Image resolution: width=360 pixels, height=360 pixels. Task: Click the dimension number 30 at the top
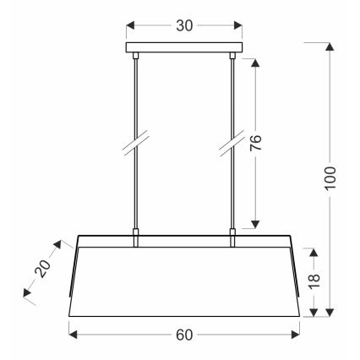tap(183, 25)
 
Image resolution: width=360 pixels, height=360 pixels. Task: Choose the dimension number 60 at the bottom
tap(183, 335)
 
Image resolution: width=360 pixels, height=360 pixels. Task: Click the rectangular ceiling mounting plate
tap(183, 48)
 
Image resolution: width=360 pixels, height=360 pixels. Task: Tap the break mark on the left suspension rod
tap(135, 144)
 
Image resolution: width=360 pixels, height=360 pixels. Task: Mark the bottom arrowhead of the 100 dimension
tap(330, 314)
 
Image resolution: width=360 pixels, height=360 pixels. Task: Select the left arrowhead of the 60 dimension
tap(72, 335)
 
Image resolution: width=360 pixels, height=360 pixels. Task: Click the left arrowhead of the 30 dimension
tap(129, 25)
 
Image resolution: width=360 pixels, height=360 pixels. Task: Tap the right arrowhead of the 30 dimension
tap(237, 25)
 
